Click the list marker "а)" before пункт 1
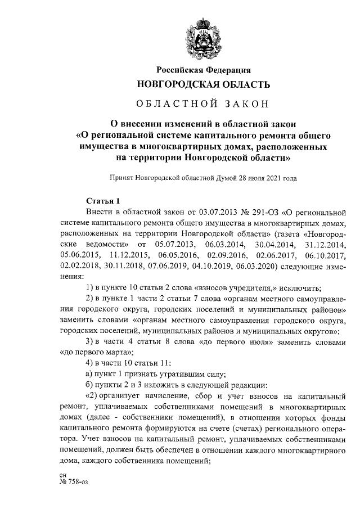[89, 374]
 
